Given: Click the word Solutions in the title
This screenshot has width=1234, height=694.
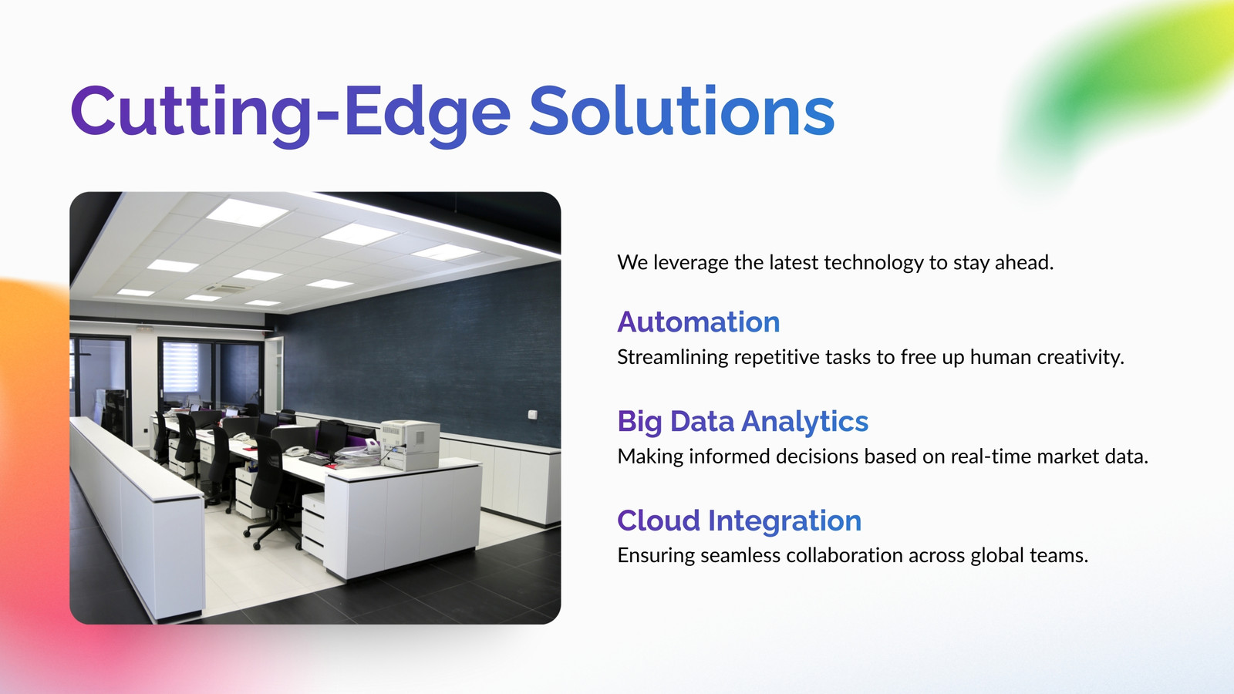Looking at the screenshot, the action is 682,111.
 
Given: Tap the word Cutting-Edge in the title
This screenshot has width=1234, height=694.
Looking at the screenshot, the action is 291,115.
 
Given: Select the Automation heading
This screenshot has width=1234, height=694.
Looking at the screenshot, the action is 699,322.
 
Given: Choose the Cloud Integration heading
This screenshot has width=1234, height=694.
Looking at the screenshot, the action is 740,521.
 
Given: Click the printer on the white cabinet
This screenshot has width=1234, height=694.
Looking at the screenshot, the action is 410,444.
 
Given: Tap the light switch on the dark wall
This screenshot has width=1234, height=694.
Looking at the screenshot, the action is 532,414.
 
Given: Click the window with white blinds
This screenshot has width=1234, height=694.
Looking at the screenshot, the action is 180,368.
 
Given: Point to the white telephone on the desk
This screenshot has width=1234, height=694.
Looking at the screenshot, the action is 296,450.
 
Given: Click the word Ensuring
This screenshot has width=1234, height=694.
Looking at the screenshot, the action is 656,556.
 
